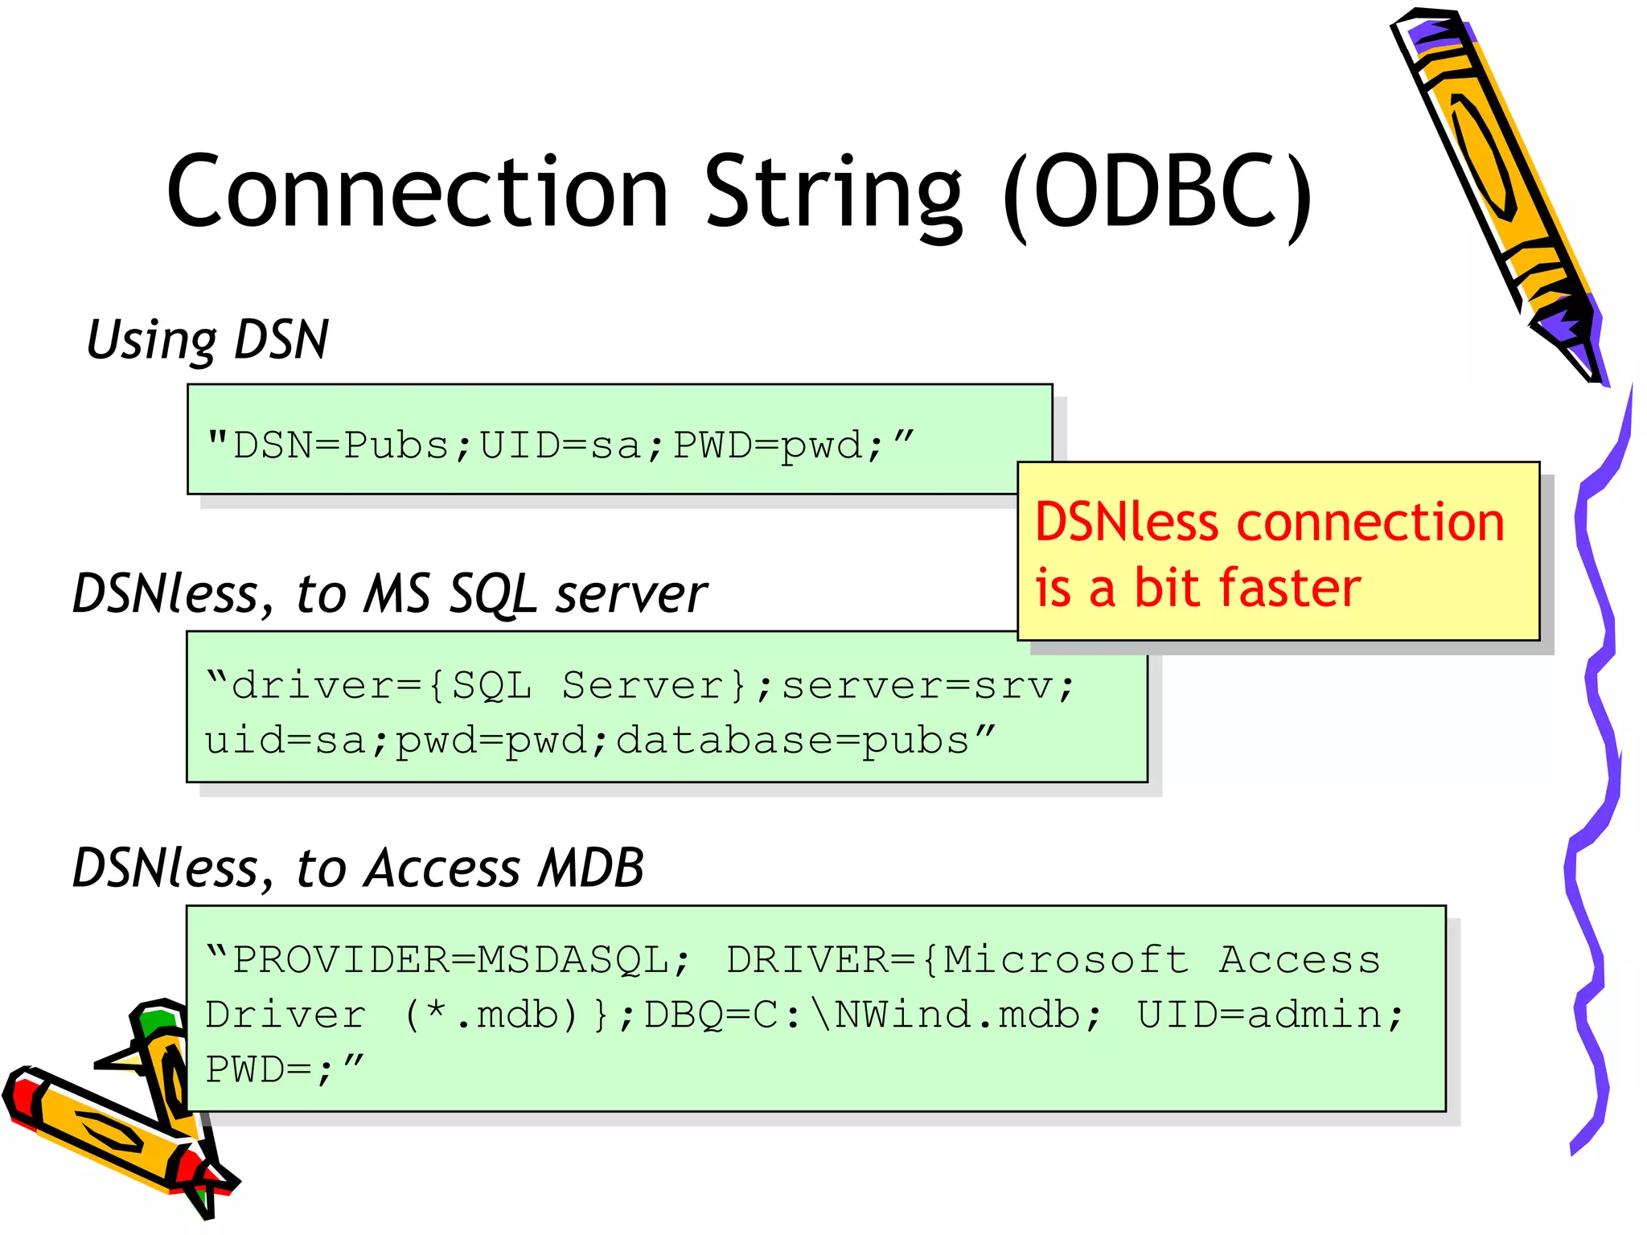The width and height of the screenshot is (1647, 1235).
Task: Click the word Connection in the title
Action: tap(417, 193)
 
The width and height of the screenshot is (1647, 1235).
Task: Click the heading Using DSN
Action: tap(207, 339)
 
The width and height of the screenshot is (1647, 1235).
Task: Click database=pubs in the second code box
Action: tap(792, 741)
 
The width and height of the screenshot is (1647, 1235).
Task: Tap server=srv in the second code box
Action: tap(917, 686)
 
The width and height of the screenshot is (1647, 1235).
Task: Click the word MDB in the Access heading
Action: tap(591, 868)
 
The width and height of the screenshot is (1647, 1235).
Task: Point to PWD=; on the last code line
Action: tap(269, 1070)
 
